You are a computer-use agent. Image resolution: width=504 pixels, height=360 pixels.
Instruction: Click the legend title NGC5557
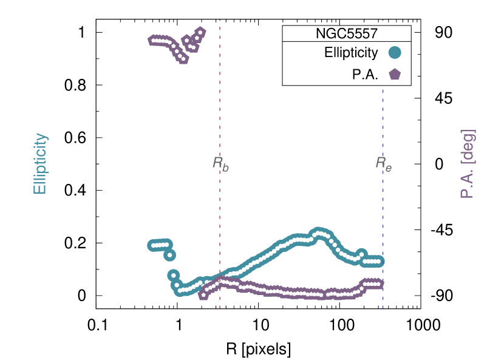347,33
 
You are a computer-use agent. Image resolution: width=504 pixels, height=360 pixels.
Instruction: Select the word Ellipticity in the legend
351,53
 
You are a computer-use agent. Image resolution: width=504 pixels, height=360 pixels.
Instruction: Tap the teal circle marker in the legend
395,53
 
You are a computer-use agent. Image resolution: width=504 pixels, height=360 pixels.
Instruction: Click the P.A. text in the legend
366,75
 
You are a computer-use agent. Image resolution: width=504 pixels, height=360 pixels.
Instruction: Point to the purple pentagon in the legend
395,74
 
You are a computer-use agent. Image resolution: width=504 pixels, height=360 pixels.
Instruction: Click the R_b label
220,163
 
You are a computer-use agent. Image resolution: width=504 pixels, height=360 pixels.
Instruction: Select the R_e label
383,163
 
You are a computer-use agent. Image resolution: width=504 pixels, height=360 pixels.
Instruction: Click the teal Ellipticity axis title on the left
40,164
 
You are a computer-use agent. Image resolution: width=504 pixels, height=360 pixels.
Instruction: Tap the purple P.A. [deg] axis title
467,164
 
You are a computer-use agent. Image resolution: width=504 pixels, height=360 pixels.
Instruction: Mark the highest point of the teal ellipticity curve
318,232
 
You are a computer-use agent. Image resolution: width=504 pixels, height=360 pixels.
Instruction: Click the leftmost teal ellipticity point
152,246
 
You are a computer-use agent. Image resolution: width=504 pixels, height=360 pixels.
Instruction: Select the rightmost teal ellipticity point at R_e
381,262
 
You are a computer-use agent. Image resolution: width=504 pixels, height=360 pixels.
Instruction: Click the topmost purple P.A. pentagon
201,31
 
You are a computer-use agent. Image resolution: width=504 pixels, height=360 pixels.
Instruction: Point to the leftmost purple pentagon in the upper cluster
152,41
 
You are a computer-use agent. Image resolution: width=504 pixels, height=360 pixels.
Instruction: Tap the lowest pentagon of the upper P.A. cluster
183,59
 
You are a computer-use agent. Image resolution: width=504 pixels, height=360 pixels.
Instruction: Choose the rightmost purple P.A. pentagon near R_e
380,283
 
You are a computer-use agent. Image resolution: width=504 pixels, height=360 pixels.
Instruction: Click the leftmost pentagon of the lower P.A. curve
203,296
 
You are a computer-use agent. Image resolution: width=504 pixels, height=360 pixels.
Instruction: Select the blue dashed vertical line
383,121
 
